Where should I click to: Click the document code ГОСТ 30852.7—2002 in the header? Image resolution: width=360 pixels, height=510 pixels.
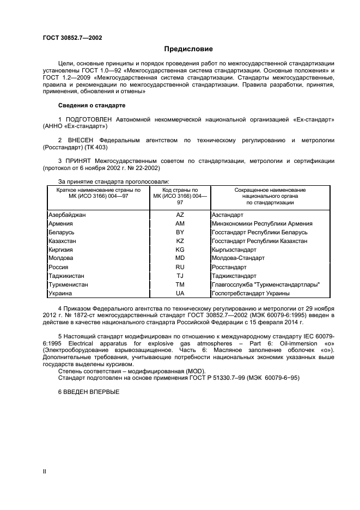(72, 38)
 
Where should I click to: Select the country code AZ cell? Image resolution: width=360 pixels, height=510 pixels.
(180, 215)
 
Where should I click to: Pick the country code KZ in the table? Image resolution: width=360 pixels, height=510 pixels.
(180, 241)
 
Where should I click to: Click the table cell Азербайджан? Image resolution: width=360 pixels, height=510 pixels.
(67, 215)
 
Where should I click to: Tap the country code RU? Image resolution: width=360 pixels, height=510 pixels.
(180, 267)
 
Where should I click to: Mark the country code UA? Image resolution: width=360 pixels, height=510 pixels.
(180, 293)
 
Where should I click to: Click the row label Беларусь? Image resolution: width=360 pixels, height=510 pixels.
(61, 232)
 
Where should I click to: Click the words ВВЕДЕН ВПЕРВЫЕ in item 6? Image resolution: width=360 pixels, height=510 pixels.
(91, 392)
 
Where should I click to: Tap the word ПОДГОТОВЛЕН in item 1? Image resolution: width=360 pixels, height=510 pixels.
(89, 118)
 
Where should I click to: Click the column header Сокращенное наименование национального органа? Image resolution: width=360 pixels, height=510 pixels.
(270, 196)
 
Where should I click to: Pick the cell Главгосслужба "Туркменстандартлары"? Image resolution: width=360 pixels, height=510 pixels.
(265, 284)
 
